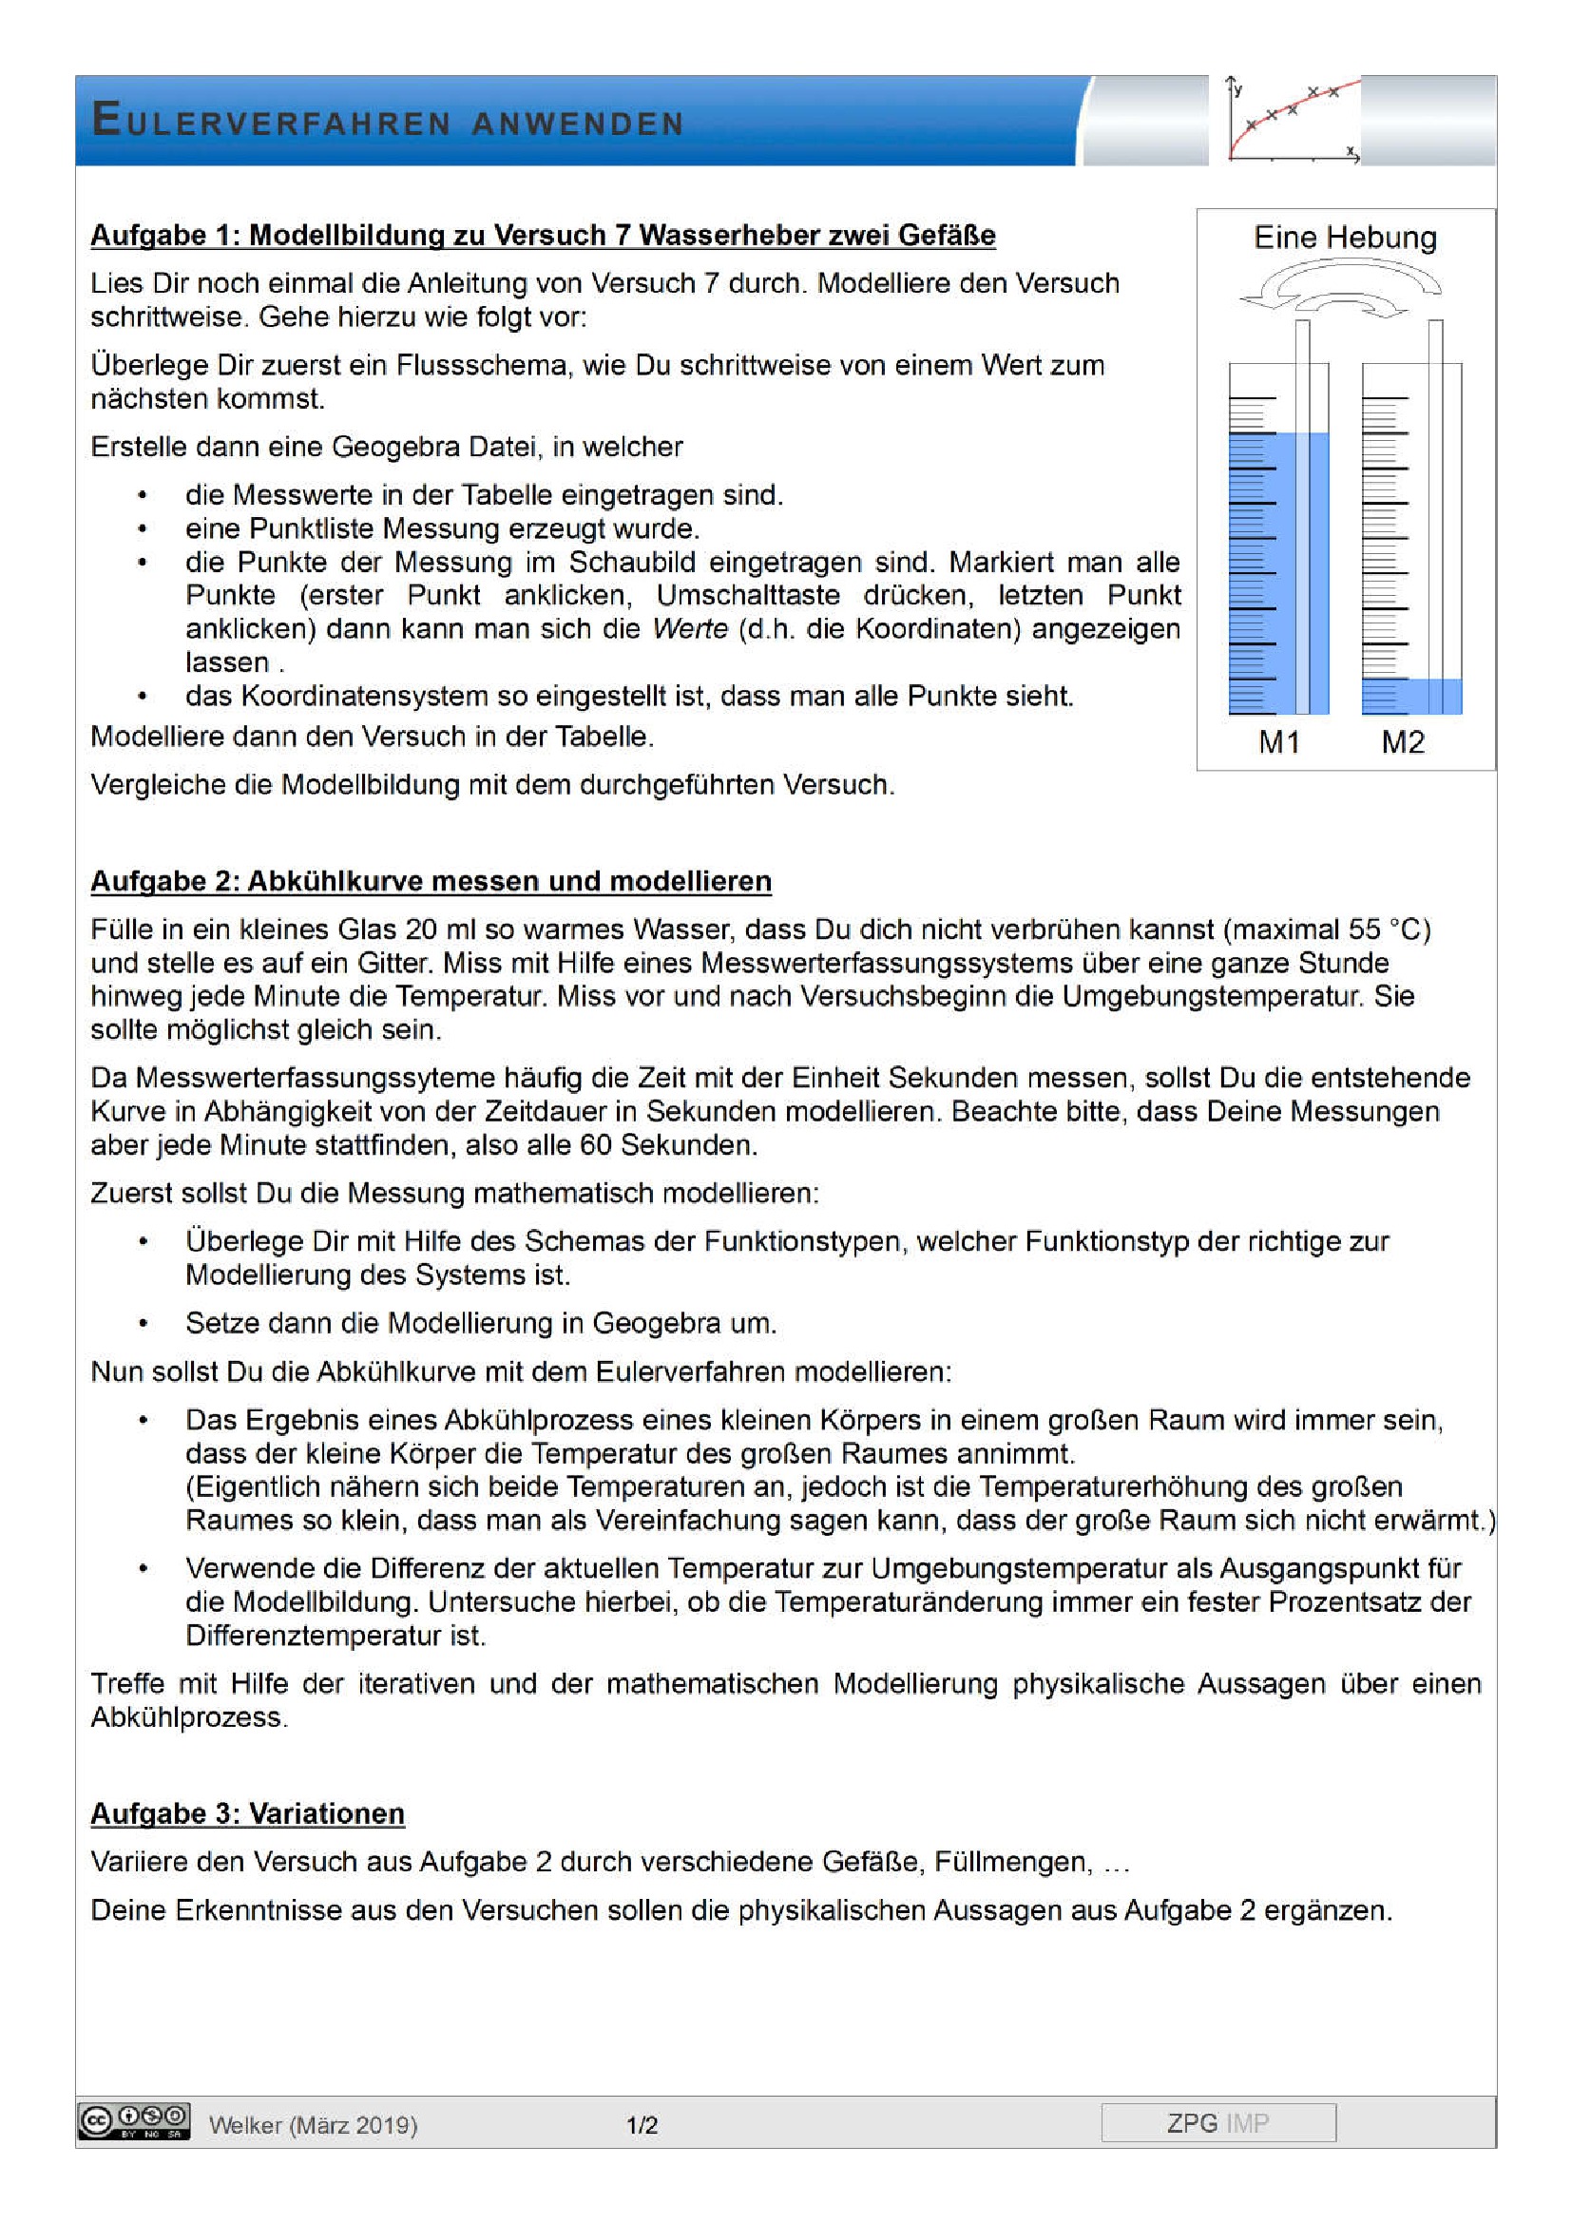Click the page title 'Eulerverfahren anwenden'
pos(387,121)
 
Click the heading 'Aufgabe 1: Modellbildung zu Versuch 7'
pos(542,236)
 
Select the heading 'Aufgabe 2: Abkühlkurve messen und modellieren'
pos(431,881)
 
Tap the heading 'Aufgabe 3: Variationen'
pos(247,1813)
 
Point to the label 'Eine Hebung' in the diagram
pos(1345,239)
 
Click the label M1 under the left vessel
pos(1277,741)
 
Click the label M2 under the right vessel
pos(1403,741)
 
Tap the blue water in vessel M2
pos(1410,696)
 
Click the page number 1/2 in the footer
pos(642,2125)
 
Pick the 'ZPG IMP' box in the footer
pos(1217,2122)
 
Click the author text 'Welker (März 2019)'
pos(313,2125)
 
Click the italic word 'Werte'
pos(689,628)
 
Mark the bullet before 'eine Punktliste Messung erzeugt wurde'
pos(143,529)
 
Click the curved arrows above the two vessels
pos(1341,291)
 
